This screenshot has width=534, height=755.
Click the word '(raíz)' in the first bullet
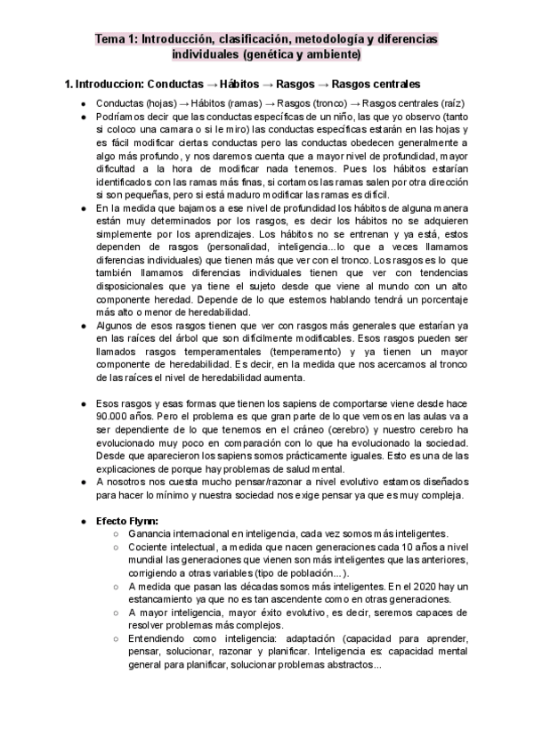(451, 102)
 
